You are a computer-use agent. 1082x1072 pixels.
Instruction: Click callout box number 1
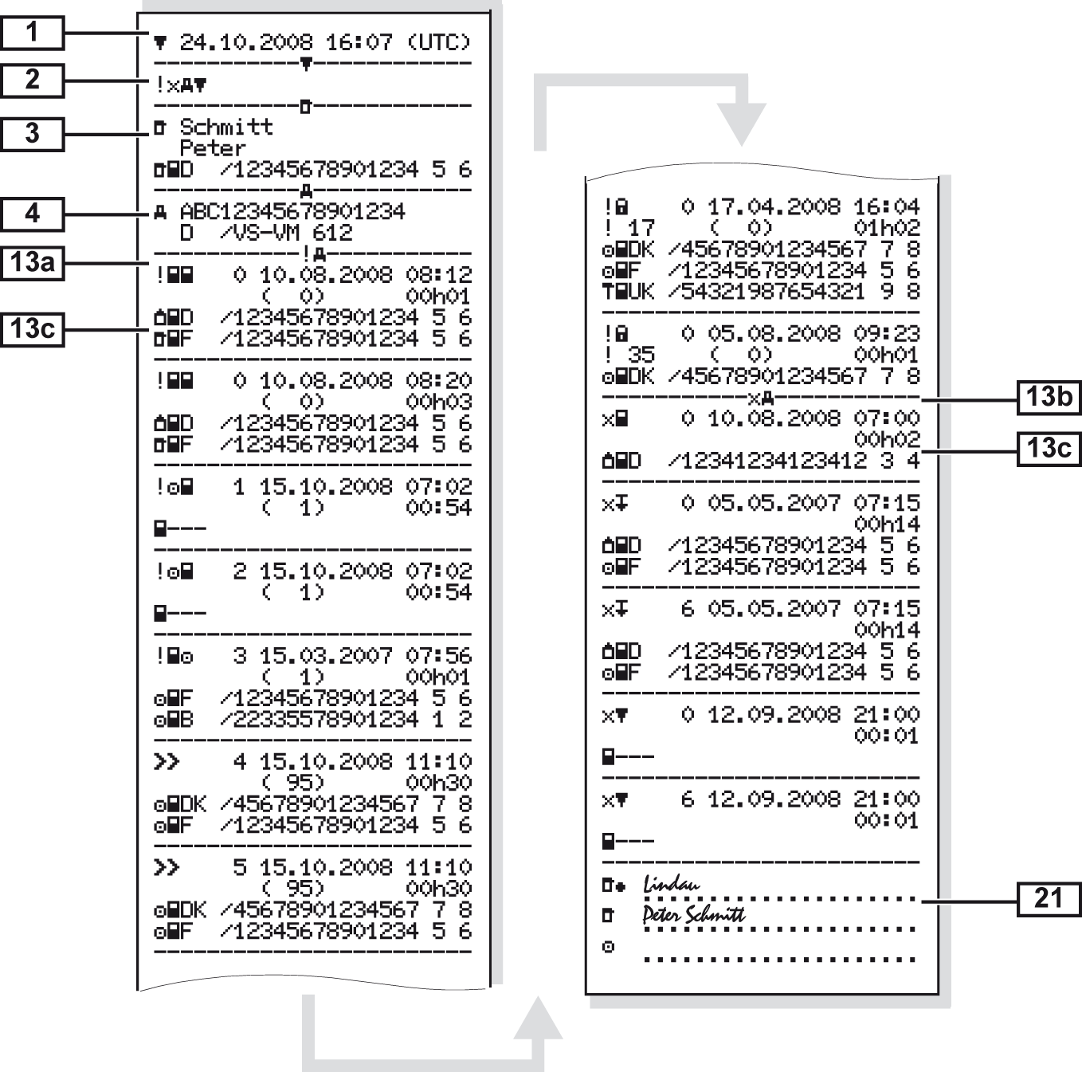[32, 33]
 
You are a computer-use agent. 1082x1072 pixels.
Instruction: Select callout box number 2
[32, 80]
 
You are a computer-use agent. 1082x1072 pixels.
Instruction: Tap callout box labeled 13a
[32, 261]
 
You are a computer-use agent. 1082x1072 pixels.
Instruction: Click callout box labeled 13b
[1049, 396]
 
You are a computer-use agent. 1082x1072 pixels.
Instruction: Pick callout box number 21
[1049, 898]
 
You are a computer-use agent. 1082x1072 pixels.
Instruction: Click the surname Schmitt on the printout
[226, 127]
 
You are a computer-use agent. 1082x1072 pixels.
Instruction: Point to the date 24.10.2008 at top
[246, 41]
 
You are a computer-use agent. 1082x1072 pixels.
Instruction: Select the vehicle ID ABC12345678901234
[292, 211]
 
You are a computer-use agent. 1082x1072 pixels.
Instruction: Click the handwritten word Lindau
[672, 883]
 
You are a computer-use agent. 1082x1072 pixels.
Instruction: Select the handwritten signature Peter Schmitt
[693, 913]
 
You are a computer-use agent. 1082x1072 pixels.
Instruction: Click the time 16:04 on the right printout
[886, 206]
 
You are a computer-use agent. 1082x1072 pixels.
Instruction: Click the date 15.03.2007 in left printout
[325, 656]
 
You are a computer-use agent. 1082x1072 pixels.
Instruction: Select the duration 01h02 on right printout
[886, 228]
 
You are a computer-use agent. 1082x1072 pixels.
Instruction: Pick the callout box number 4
[32, 214]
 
